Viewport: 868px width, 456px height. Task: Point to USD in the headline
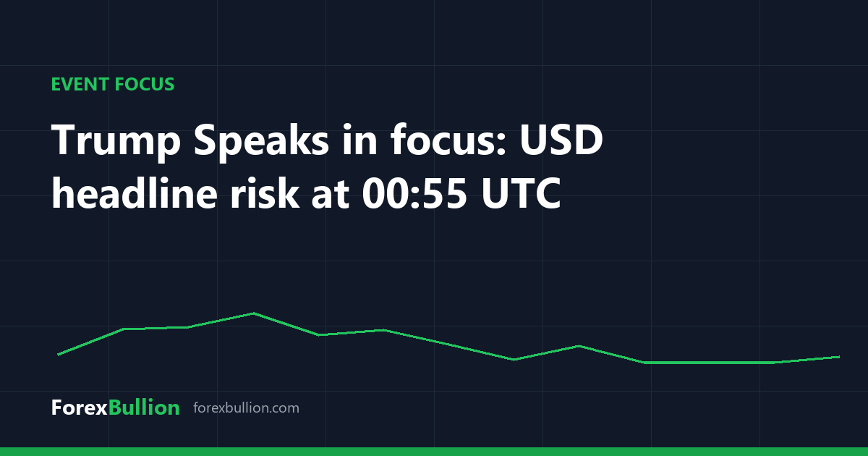(561, 140)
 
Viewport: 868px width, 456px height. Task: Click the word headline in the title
(134, 193)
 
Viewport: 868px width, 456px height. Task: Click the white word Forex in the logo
(80, 408)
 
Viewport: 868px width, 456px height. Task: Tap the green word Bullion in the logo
(144, 408)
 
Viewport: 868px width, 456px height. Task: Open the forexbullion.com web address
(246, 408)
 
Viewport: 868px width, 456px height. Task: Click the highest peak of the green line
(253, 313)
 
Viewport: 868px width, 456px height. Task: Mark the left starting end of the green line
(58, 355)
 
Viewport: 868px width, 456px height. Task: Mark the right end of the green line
(839, 357)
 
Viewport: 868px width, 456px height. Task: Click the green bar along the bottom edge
(434, 452)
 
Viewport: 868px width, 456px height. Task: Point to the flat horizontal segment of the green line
(709, 363)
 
